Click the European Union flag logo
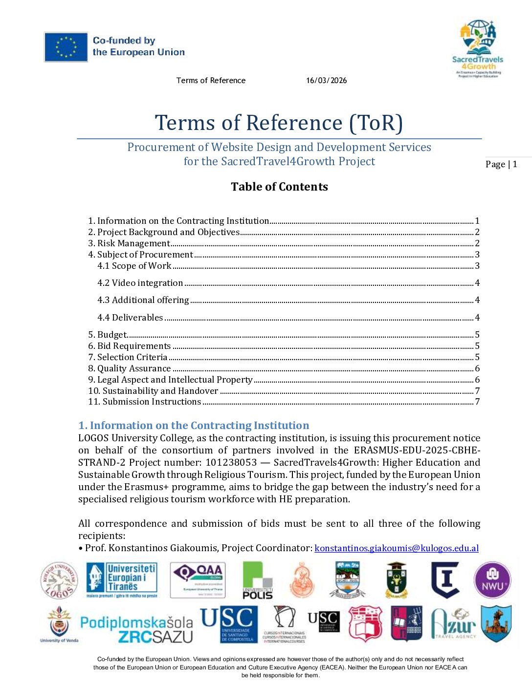click(x=66, y=47)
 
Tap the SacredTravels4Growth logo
click(x=478, y=48)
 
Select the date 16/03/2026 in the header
click(x=326, y=81)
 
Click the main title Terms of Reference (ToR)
click(x=279, y=123)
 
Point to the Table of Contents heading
click(x=279, y=187)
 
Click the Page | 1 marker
click(x=501, y=164)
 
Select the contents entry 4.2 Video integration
click(x=140, y=283)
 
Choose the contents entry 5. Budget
click(x=108, y=335)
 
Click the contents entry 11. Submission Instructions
click(x=144, y=402)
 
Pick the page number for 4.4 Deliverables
click(x=477, y=318)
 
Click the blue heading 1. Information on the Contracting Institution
click(x=194, y=426)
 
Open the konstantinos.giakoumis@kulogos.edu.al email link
click(x=396, y=548)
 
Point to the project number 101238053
click(x=231, y=463)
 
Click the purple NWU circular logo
click(x=492, y=580)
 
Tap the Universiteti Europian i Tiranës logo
click(x=122, y=580)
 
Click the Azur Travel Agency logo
click(x=453, y=623)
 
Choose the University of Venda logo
click(x=59, y=624)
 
